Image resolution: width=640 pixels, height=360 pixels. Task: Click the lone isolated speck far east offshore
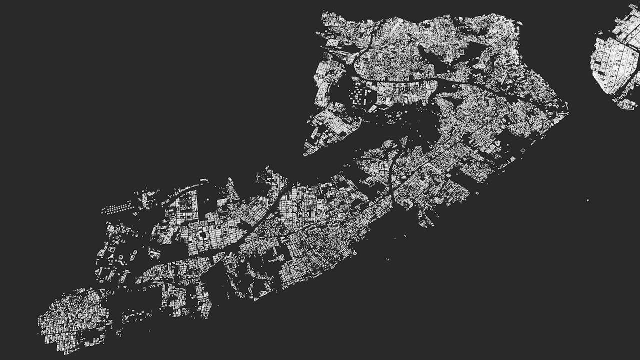coord(588,200)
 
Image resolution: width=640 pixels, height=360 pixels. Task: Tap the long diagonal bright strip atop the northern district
coord(395,25)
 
